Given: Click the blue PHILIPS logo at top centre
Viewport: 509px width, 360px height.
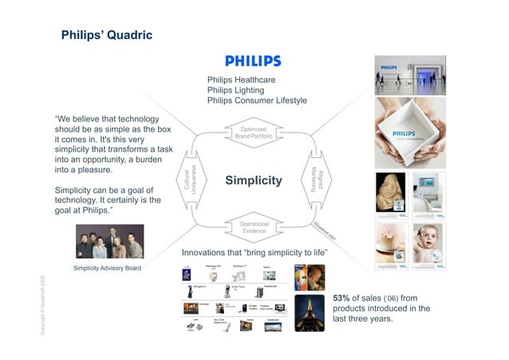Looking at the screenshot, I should click(x=253, y=61).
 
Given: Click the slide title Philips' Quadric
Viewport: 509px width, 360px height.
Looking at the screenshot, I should click(x=106, y=36).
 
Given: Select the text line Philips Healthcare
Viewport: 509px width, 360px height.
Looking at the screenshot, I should click(x=241, y=81).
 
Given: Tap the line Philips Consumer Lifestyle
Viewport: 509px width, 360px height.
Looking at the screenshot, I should click(x=257, y=100).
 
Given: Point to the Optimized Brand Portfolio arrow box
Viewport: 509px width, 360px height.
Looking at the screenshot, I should click(x=253, y=133).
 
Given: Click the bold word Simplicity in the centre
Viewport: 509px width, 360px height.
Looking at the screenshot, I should click(x=254, y=181).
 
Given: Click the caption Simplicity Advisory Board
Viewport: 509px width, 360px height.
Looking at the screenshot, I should click(x=107, y=267).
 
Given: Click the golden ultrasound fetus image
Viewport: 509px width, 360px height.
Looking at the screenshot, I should click(x=393, y=192).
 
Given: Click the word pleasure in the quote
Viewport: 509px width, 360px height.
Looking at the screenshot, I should click(x=100, y=170).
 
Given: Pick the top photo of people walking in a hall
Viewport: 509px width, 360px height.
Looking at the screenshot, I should click(x=408, y=73).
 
